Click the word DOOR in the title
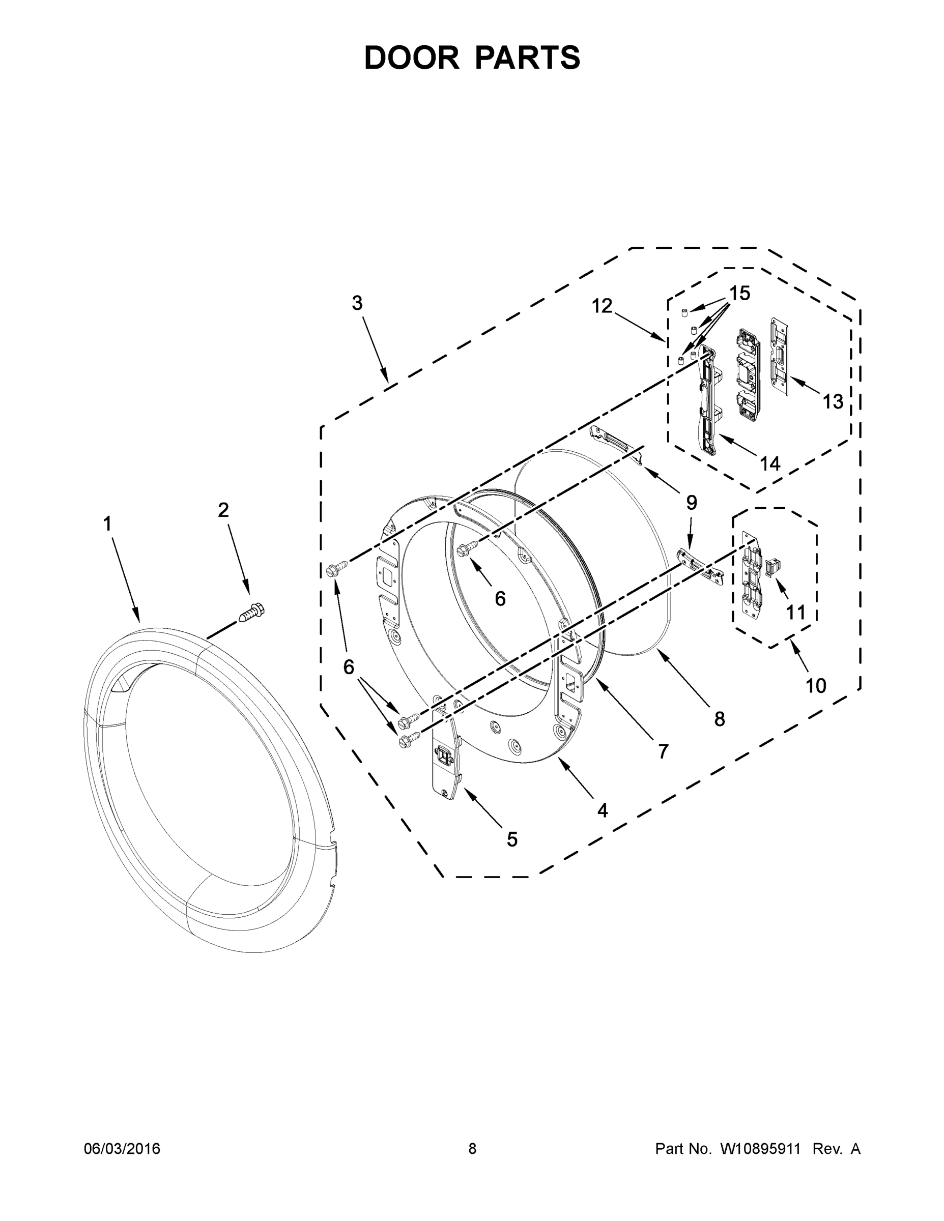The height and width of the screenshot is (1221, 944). (411, 57)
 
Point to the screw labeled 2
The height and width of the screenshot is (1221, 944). (252, 612)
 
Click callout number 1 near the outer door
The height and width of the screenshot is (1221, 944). (107, 525)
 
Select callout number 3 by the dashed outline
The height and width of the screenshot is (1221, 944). (357, 304)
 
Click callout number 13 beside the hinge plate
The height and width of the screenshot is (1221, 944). (832, 401)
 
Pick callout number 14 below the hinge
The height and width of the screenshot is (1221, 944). (769, 463)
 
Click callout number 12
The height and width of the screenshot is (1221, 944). (602, 306)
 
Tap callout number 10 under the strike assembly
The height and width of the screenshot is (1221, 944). (815, 685)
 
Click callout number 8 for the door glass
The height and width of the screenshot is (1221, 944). (719, 719)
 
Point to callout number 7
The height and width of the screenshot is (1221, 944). (663, 752)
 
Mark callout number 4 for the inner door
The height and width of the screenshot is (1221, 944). (602, 810)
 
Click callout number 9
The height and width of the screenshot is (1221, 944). (691, 503)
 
